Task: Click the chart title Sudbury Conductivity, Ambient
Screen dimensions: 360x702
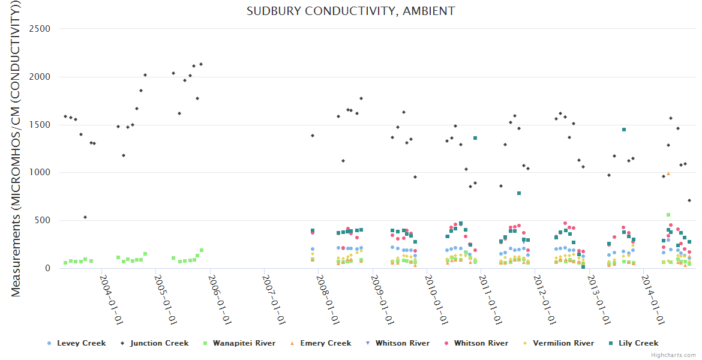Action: [x=350, y=11]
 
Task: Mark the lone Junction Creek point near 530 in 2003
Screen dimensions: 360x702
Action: [x=85, y=217]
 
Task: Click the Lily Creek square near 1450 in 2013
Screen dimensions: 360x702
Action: [x=624, y=130]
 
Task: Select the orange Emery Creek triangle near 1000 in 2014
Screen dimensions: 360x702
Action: [x=668, y=174]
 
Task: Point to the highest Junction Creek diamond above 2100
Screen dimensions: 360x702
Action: [x=201, y=64]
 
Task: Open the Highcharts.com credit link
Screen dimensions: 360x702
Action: [x=674, y=355]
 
